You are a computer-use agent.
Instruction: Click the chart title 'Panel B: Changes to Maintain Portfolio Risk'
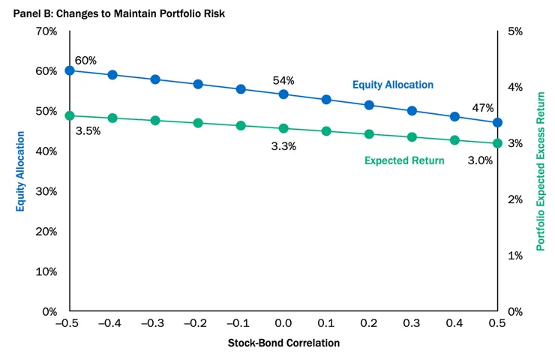point(108,13)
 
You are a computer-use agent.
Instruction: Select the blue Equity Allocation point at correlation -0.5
point(70,70)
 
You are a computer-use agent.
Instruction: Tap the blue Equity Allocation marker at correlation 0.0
point(283,94)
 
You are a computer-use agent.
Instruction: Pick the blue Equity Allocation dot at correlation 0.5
point(497,122)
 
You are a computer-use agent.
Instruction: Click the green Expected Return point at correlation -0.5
point(70,115)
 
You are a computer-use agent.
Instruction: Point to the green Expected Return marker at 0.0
point(283,128)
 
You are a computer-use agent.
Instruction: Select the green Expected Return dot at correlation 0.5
point(497,143)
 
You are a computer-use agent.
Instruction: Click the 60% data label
point(85,60)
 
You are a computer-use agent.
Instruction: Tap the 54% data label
point(283,80)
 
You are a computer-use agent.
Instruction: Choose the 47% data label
point(482,108)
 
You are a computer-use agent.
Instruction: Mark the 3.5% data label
point(88,130)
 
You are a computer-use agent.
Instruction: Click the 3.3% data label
point(283,146)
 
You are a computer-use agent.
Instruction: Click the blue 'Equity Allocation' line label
point(393,85)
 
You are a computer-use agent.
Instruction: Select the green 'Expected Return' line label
point(404,160)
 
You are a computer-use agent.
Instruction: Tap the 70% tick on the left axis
point(46,31)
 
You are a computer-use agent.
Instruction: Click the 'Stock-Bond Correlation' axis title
point(283,343)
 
